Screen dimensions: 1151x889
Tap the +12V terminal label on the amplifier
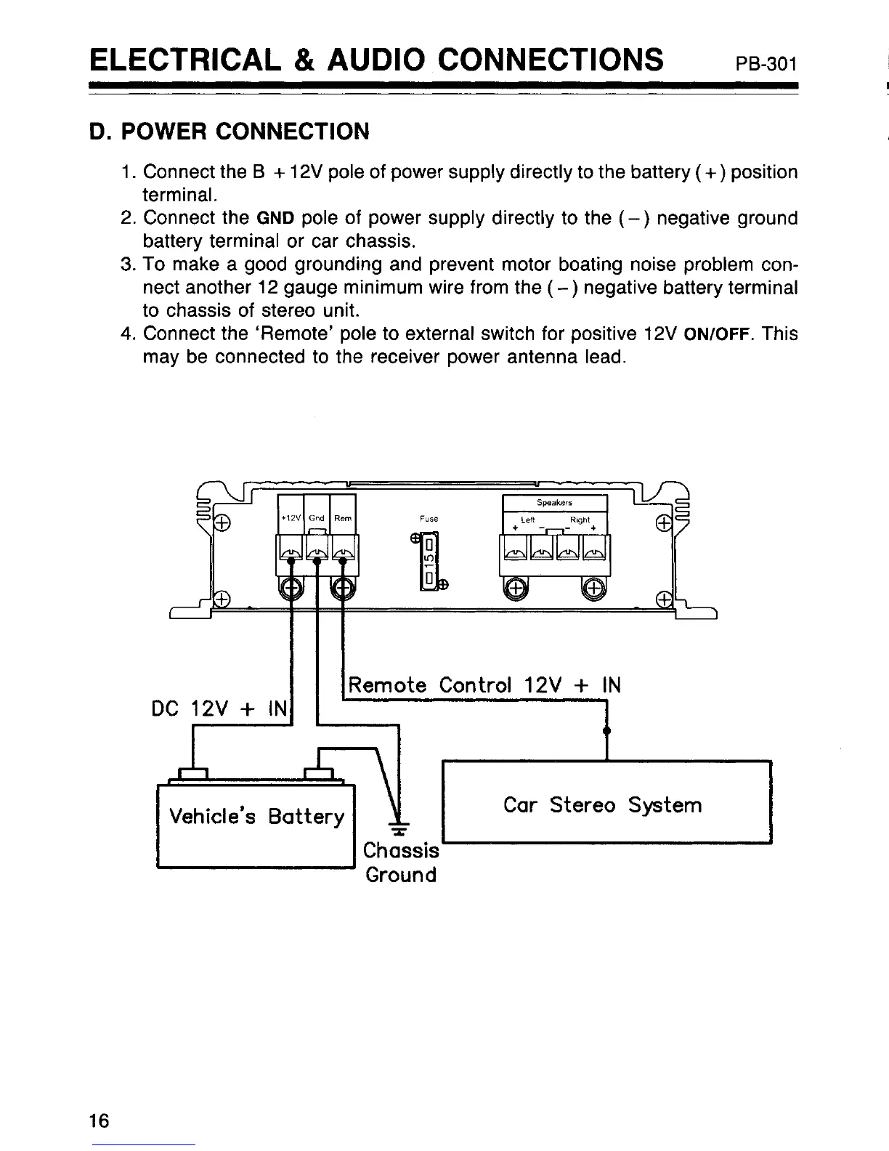click(290, 518)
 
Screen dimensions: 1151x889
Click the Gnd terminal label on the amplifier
click(316, 518)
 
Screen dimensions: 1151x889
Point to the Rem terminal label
click(342, 518)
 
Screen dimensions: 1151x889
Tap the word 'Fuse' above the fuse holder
click(429, 519)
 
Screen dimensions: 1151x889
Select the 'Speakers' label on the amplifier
click(554, 502)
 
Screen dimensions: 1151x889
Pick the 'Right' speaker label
click(580, 520)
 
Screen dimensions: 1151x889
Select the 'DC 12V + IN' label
click(221, 708)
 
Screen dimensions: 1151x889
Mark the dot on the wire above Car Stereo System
click(606, 730)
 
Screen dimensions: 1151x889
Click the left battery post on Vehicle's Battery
click(193, 773)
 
